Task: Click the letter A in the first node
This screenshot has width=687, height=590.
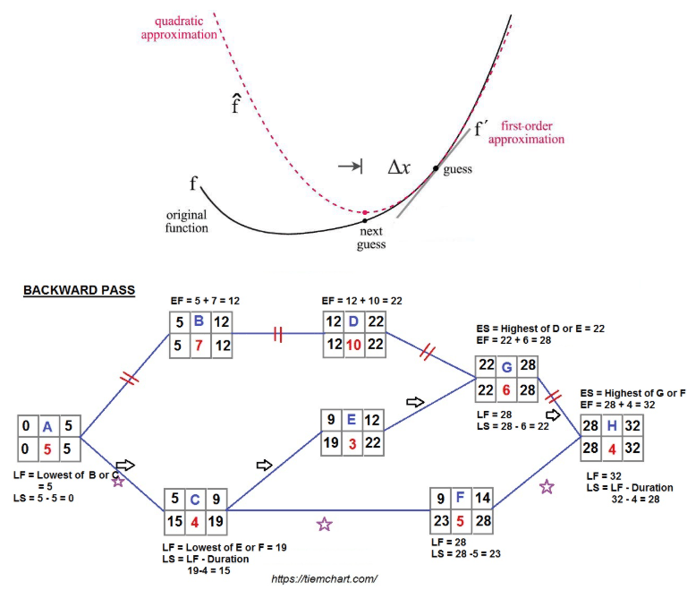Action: [x=48, y=426]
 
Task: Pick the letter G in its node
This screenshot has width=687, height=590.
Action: [x=507, y=364]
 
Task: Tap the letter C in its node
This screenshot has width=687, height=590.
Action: [x=195, y=499]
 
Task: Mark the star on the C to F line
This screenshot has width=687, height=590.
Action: [x=324, y=525]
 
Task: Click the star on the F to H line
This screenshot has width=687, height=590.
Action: [x=547, y=487]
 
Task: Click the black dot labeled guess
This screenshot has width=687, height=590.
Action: [x=437, y=168]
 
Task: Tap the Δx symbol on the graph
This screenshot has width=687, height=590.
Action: [x=399, y=167]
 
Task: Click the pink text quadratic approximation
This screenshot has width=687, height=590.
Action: [x=178, y=28]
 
